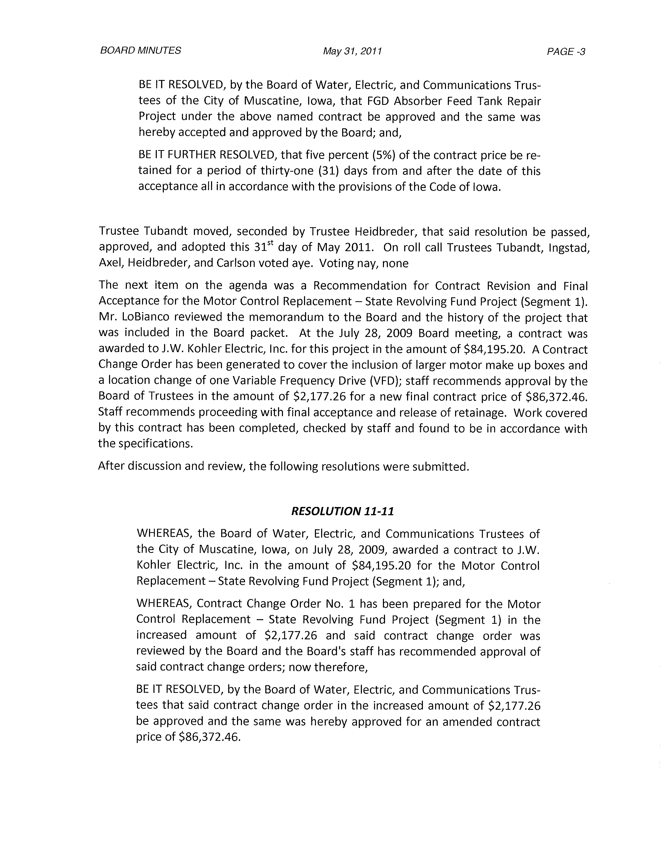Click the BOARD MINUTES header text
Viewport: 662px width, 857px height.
pos(140,51)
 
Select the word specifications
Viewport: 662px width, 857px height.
pos(156,444)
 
